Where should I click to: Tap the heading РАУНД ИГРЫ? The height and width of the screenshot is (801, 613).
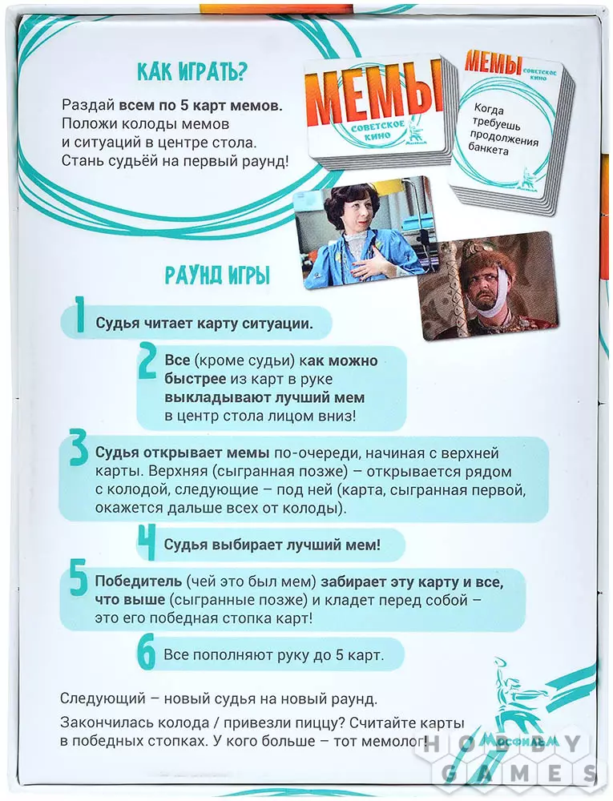click(x=217, y=276)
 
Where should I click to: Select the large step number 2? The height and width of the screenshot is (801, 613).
click(x=147, y=361)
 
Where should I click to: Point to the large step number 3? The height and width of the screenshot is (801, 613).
click(x=78, y=452)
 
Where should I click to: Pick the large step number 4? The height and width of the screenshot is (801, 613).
click(x=146, y=544)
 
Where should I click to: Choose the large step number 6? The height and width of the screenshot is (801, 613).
click(x=146, y=654)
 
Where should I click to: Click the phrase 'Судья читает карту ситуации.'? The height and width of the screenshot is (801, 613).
click(x=203, y=324)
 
